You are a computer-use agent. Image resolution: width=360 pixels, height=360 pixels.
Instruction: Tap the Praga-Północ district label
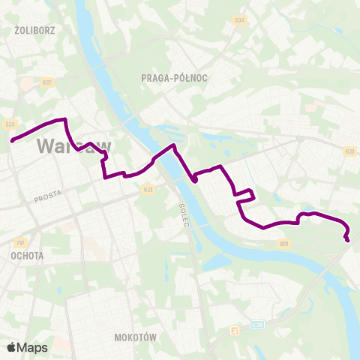click(x=174, y=77)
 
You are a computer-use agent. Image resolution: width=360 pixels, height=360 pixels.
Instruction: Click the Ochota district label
click(x=27, y=255)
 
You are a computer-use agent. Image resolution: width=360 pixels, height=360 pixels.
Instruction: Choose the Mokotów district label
click(x=136, y=337)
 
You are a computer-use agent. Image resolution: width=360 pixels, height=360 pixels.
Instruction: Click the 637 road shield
click(x=47, y=82)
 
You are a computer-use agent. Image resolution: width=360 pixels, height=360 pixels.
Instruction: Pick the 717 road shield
click(x=19, y=242)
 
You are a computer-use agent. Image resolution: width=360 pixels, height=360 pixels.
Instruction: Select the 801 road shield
click(x=283, y=243)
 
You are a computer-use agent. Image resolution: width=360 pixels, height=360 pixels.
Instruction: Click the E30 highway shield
click(x=257, y=325)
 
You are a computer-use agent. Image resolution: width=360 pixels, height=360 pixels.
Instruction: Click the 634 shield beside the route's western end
click(x=10, y=124)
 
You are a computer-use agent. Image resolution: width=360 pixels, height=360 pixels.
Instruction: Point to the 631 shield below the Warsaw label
click(x=148, y=190)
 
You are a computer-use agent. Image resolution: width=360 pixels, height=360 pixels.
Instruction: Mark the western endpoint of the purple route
click(x=13, y=139)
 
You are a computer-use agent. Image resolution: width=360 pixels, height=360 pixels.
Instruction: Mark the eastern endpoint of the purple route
click(x=347, y=240)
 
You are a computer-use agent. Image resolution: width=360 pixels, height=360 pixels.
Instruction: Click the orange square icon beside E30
click(x=235, y=329)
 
